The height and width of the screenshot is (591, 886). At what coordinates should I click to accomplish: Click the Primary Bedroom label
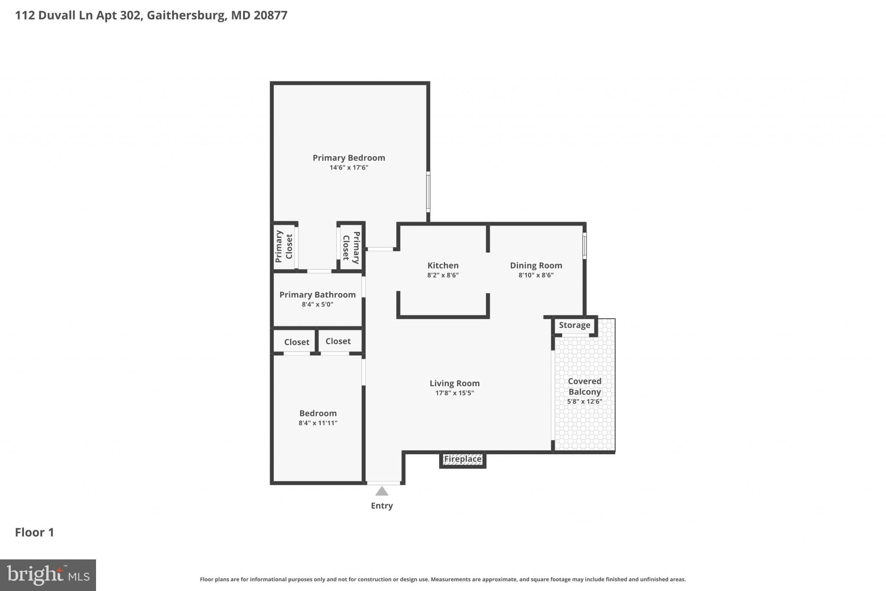(x=349, y=158)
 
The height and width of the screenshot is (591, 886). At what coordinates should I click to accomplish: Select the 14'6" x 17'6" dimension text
(x=349, y=168)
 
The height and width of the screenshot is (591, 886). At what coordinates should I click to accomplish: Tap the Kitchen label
(x=443, y=265)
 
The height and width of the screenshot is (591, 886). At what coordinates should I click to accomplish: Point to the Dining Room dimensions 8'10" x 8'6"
(x=536, y=275)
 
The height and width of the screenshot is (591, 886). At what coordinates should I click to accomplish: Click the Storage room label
(x=574, y=325)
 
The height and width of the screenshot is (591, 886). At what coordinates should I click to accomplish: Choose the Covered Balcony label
(x=584, y=386)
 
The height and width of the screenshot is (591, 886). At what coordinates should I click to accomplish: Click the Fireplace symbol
(x=462, y=459)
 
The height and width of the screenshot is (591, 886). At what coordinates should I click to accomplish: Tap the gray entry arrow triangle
(x=382, y=491)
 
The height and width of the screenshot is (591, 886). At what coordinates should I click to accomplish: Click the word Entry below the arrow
(x=382, y=506)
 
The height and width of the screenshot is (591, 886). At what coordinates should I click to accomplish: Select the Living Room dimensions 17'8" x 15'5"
(x=454, y=393)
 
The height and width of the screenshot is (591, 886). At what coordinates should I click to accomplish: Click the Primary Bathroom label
(x=317, y=295)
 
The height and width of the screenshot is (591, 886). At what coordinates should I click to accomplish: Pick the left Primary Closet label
(x=284, y=246)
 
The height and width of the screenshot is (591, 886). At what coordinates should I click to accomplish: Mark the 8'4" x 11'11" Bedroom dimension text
(x=318, y=423)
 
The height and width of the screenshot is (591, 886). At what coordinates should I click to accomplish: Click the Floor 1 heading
(x=35, y=533)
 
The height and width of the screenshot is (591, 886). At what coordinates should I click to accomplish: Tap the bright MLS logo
(x=48, y=575)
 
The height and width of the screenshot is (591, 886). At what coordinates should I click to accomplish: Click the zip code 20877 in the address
(x=270, y=16)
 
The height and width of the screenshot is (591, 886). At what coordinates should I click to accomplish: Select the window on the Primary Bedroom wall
(x=428, y=192)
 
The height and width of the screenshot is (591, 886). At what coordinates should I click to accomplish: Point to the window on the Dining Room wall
(x=584, y=246)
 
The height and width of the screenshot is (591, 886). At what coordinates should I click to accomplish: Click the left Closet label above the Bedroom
(x=296, y=342)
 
